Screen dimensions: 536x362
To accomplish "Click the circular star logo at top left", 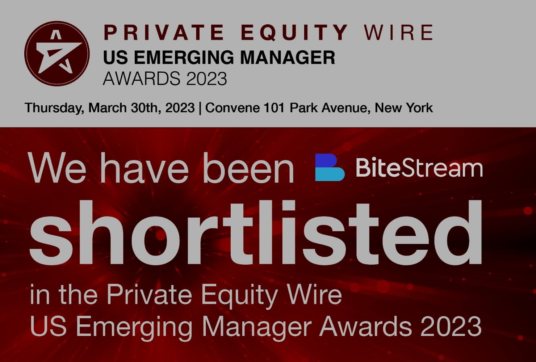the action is pos(57,54).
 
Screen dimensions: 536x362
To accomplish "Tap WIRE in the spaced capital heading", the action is pos(399,32).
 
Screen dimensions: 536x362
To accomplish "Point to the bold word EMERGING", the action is pos(185,58).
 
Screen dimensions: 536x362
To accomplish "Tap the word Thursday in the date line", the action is pos(54,108).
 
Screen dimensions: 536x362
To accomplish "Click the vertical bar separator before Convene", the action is pos(200,108).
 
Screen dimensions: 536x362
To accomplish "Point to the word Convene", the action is pos(233,108).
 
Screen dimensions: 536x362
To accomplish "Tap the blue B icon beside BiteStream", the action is pos(330,167).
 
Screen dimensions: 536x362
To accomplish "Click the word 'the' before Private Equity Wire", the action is pos(78,294).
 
